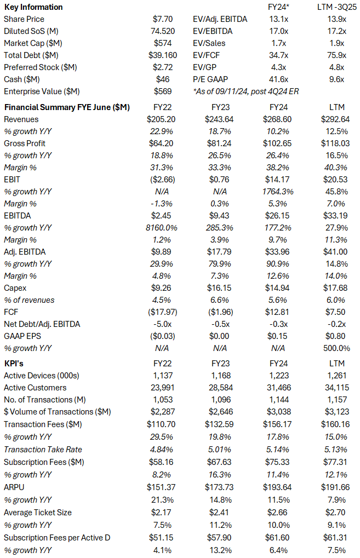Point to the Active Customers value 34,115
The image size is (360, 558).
[335, 388]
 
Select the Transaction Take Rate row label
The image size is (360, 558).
[43, 449]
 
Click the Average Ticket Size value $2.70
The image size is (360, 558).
[335, 513]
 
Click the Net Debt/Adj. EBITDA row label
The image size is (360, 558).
[42, 324]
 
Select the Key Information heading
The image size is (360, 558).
[33, 7]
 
